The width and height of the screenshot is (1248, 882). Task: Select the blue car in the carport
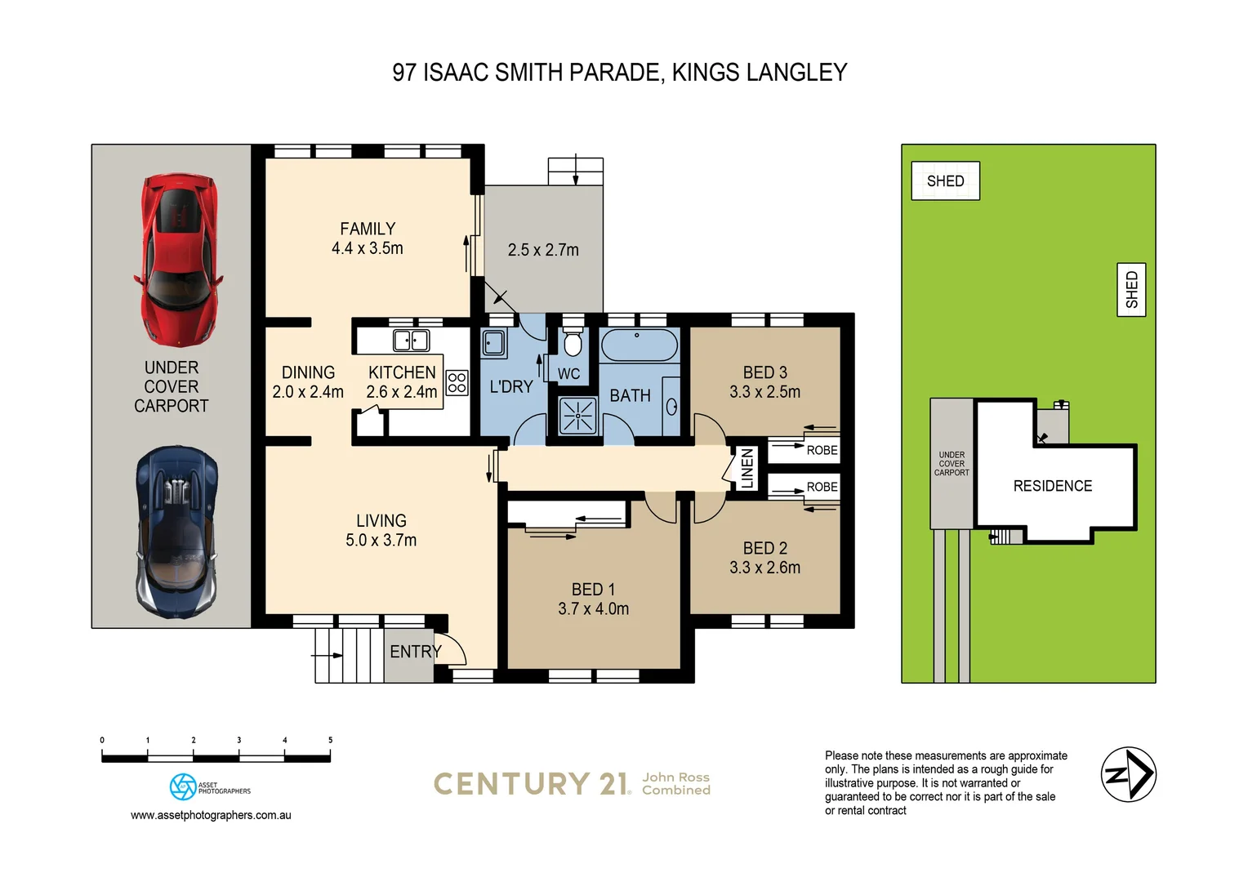tap(176, 531)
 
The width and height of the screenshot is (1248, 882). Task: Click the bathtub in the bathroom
tap(639, 345)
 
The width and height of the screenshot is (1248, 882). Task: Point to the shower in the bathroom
tap(577, 415)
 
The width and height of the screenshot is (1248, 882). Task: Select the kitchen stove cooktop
tap(457, 383)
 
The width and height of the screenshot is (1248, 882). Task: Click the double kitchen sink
tap(411, 340)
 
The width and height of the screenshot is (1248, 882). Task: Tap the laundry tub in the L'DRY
tap(493, 343)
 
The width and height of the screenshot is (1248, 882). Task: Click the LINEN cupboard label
tap(747, 468)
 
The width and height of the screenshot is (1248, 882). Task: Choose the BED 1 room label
tap(593, 590)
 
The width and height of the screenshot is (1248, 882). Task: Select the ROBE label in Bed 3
tap(822, 450)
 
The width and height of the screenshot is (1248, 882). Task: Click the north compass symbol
tap(1128, 774)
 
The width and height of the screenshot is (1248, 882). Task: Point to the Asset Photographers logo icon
tap(182, 786)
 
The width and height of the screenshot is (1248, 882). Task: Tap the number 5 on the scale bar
tap(330, 740)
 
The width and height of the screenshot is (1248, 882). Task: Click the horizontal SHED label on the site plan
tap(945, 181)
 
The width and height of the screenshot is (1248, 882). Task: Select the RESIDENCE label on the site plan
tap(1052, 486)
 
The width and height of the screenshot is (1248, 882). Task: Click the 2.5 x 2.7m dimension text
tap(543, 250)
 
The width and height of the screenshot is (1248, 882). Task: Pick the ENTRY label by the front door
tap(415, 652)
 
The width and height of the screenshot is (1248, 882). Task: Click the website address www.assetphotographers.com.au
tap(211, 815)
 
